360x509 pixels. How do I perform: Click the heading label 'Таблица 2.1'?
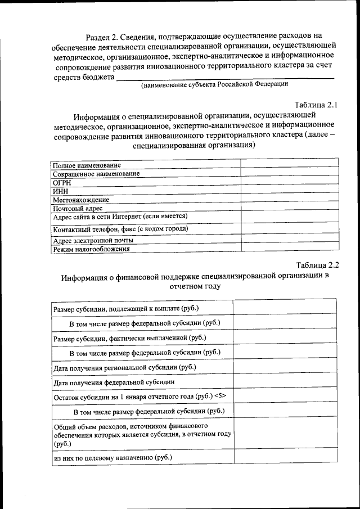point(316,104)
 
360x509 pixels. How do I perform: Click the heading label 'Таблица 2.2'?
point(317,265)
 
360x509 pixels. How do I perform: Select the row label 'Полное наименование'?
point(87,165)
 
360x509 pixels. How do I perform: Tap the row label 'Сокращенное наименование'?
point(96,174)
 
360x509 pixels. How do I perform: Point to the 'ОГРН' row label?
point(62,182)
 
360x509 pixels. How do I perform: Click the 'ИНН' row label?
point(60,191)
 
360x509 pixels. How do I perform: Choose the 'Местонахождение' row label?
point(81,200)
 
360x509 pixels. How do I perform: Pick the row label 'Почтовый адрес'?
point(78,208)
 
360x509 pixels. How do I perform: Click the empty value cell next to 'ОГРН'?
point(289,182)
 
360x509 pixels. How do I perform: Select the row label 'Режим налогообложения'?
point(91,249)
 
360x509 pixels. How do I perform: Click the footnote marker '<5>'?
point(219,396)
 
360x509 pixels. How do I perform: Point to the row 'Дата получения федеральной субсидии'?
point(114,382)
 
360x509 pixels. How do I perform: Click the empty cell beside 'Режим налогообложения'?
point(289,249)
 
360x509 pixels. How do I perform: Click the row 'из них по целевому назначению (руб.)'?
point(112,457)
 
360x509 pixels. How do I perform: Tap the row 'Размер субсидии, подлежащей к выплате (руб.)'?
point(126,308)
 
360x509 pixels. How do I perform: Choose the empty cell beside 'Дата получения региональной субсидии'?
point(285,367)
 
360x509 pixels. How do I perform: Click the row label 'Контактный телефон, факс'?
point(120,229)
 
